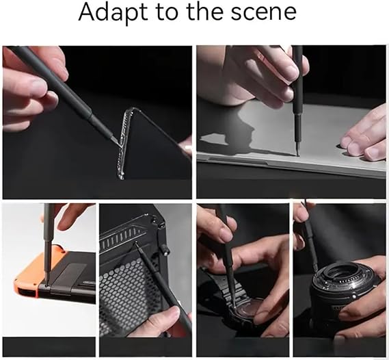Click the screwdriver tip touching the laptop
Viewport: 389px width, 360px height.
[x=297, y=154]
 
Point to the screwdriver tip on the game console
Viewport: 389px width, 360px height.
[x=47, y=285]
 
